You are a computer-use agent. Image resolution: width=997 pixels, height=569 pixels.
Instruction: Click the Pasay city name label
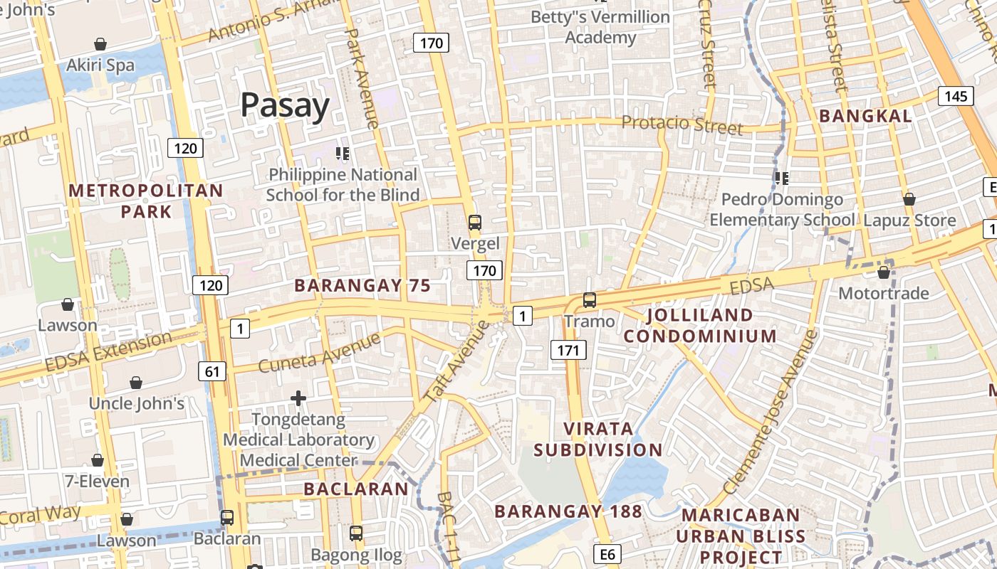click(x=285, y=105)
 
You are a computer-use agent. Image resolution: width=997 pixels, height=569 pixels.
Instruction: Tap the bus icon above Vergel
click(x=475, y=222)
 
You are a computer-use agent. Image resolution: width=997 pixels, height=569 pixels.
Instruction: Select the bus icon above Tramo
click(x=589, y=299)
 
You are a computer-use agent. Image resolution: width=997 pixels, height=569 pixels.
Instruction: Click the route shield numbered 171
click(x=568, y=349)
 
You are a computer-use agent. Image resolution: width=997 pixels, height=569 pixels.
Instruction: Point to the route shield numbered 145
click(x=955, y=96)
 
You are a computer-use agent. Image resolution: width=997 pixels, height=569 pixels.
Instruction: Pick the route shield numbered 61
click(x=212, y=371)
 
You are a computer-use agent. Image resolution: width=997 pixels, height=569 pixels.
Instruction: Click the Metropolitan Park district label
click(x=146, y=201)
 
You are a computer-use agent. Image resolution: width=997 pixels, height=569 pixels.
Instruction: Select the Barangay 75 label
click(x=362, y=286)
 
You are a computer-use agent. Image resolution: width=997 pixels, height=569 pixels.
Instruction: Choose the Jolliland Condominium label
click(x=700, y=325)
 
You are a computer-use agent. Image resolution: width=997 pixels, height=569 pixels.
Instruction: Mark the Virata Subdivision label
click(x=598, y=439)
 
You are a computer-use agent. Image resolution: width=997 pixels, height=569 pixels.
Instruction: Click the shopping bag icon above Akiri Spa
click(x=100, y=44)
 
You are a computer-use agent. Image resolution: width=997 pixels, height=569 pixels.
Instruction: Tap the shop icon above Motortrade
click(x=884, y=272)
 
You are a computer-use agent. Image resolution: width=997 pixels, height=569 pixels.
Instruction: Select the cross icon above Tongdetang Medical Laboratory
click(x=298, y=398)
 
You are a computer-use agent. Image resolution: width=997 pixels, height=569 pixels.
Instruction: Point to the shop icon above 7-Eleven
click(x=98, y=460)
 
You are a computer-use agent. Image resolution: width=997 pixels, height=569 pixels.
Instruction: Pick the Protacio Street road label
click(x=682, y=124)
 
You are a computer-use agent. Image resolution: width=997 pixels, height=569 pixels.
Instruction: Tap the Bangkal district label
click(x=865, y=116)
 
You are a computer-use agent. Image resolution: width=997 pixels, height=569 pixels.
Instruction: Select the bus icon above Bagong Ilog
click(x=356, y=533)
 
